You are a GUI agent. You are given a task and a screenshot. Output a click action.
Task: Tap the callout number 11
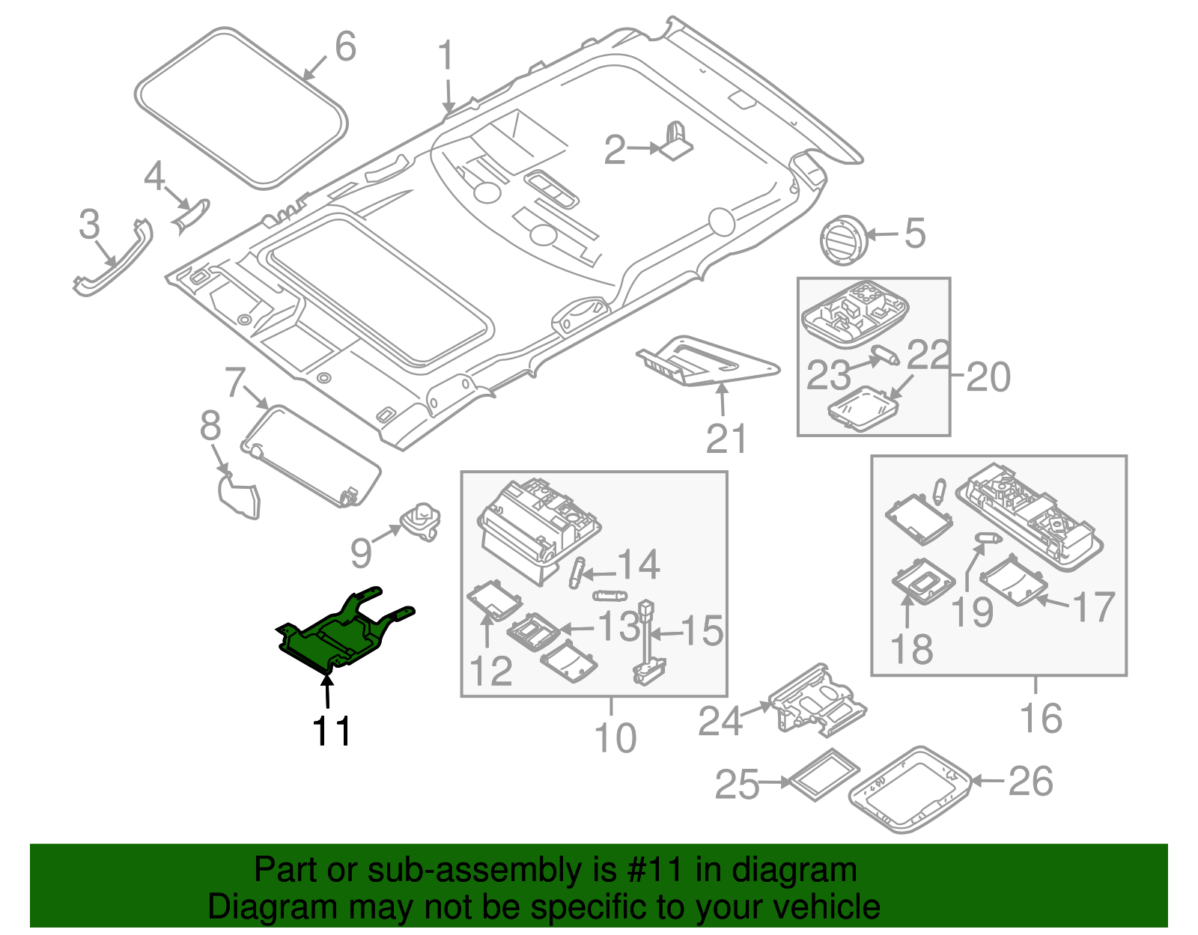point(332,731)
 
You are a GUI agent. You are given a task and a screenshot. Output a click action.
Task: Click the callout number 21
point(726,439)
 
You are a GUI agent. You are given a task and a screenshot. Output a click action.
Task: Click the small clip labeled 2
point(676,141)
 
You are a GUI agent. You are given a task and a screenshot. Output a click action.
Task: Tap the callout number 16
point(1041,719)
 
